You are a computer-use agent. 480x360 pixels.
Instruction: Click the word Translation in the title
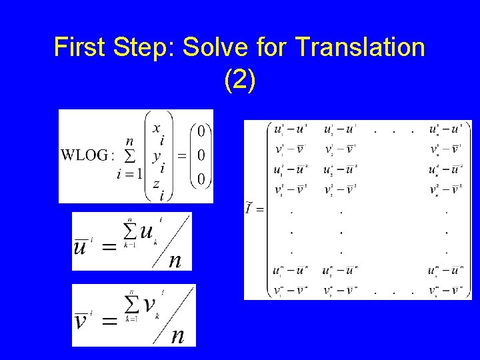click(x=359, y=47)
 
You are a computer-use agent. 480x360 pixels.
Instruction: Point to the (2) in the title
click(x=239, y=80)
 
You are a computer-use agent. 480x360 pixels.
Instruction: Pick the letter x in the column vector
click(x=156, y=127)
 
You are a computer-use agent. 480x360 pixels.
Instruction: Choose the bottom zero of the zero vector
click(x=200, y=179)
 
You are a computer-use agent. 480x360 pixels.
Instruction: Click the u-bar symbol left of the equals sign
click(x=81, y=247)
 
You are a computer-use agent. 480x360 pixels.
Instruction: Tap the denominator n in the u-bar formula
click(x=175, y=260)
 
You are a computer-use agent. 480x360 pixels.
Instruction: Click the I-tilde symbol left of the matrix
click(x=251, y=208)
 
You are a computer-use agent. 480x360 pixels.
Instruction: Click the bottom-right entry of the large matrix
click(x=445, y=290)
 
